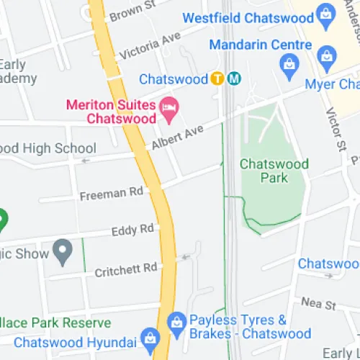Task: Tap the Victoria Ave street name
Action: (150, 45)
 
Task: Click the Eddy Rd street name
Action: (133, 230)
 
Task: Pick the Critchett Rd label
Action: (126, 269)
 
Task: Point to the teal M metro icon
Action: (233, 78)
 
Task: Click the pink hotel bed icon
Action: (169, 108)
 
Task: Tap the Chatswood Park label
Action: (274, 171)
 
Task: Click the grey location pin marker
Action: (64, 252)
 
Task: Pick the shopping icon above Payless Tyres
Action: (176, 320)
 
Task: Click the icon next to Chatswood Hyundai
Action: (150, 338)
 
